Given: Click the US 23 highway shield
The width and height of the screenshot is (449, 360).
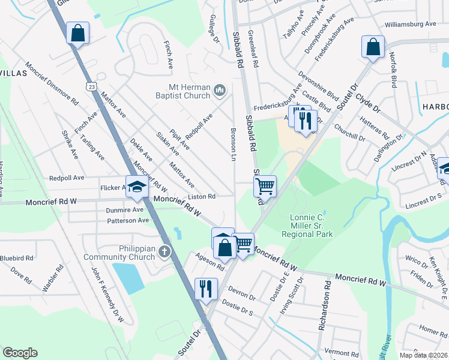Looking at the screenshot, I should [91, 86].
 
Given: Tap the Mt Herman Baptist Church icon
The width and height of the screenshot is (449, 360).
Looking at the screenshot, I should [220, 91].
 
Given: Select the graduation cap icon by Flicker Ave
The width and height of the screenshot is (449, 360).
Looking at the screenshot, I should [136, 187].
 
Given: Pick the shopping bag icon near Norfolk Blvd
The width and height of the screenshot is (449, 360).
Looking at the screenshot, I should [373, 46].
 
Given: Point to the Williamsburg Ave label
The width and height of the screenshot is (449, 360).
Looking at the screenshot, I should [411, 24].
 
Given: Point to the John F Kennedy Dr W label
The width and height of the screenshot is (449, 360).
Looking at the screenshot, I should [107, 295].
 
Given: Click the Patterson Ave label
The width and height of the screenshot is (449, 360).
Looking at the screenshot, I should [127, 220].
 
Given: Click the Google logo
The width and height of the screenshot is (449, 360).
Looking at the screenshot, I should [20, 353].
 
